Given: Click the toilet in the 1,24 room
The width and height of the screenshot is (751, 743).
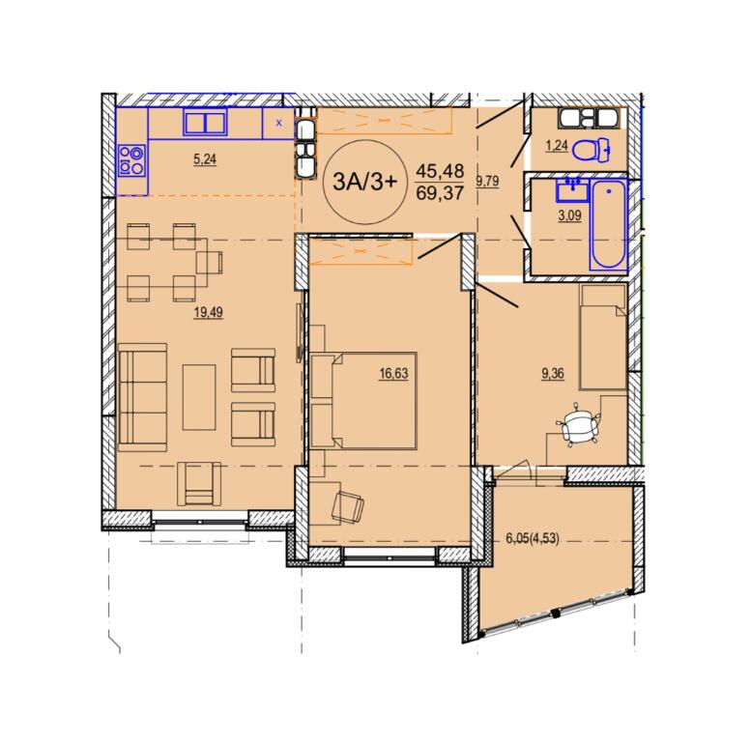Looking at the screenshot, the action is click(592, 150).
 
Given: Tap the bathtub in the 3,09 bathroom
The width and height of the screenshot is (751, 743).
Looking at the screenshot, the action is click(608, 224).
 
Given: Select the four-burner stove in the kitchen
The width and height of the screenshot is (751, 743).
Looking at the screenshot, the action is click(131, 160).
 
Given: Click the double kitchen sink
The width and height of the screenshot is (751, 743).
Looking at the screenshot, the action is click(206, 122).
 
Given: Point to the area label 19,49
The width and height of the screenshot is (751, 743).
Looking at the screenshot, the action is click(209, 313).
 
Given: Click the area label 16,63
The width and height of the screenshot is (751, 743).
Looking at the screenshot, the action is click(393, 373).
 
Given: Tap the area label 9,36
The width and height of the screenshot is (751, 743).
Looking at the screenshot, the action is click(553, 373).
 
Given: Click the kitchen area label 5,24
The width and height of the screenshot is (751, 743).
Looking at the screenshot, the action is click(205, 159).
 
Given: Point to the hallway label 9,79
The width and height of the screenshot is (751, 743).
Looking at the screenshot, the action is click(487, 181).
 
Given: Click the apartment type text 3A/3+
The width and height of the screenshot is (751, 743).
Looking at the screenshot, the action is click(365, 182).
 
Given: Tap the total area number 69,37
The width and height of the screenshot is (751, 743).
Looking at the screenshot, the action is click(440, 193).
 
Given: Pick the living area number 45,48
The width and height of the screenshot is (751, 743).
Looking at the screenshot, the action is click(440, 170).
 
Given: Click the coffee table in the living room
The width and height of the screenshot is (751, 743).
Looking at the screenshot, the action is click(199, 397).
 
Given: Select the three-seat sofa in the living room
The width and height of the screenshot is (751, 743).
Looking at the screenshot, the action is click(142, 397).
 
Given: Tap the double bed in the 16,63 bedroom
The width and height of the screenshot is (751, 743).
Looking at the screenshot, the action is click(364, 401).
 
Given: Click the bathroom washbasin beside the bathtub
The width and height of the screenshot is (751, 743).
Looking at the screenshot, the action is click(572, 189).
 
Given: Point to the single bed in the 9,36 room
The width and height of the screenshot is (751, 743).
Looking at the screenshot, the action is click(603, 336).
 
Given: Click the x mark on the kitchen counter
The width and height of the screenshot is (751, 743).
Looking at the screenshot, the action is click(279, 123).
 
